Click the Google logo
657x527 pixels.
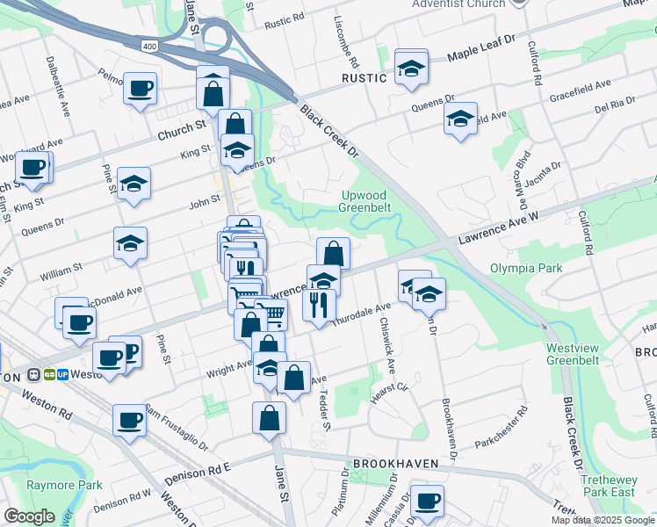(x=30, y=516)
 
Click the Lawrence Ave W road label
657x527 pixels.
(x=496, y=227)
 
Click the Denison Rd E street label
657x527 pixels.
(x=196, y=475)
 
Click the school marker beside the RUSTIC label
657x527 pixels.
(x=410, y=68)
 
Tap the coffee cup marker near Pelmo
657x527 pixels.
(x=141, y=88)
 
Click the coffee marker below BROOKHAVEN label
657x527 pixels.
(x=427, y=501)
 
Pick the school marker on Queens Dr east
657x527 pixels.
(x=459, y=119)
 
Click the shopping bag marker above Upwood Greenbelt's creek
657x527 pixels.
(x=333, y=254)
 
